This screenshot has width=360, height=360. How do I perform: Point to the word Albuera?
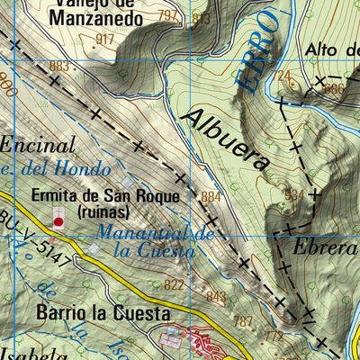click(225, 139)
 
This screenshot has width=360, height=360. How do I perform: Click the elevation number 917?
click(105, 39)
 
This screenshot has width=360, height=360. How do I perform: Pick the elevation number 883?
click(60, 66)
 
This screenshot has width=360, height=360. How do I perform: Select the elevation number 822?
click(175, 285)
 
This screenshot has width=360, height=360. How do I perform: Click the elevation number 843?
click(216, 296)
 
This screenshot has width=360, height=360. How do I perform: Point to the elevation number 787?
click(243, 320)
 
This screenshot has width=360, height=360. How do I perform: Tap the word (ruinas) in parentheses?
click(103, 212)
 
